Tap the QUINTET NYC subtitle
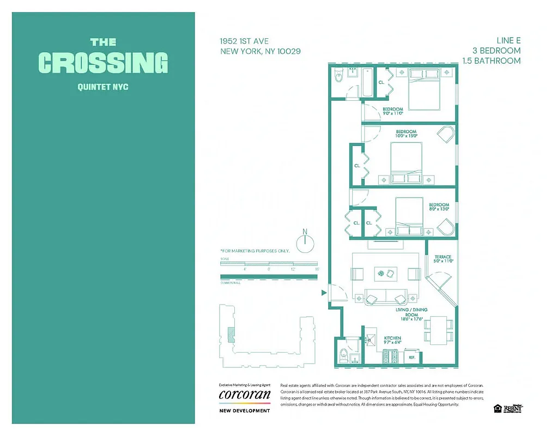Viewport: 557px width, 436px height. point(103,87)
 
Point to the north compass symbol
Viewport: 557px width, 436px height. point(305,241)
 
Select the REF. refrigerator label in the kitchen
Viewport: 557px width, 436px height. point(412,358)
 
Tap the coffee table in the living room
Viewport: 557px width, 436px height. point(386,273)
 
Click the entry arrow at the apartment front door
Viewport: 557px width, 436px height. point(324,293)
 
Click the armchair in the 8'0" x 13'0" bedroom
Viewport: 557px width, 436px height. point(444,227)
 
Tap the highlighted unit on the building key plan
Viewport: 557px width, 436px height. point(231,334)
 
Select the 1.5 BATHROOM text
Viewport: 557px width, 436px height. point(491,60)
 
